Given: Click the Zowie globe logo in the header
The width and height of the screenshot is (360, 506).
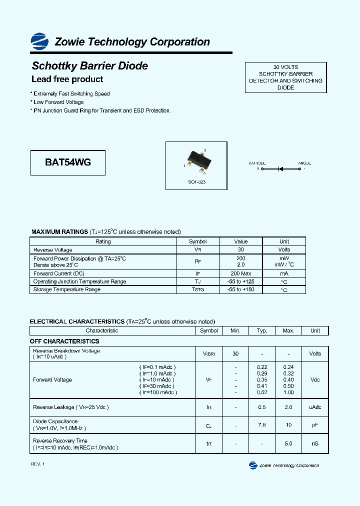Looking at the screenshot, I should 39,40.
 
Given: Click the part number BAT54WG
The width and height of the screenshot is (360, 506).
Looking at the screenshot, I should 68,162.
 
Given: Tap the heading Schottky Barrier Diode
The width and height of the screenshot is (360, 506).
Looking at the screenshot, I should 89,66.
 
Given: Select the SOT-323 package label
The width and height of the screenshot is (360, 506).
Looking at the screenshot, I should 196,182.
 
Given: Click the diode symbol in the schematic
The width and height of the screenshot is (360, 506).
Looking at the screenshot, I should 280,169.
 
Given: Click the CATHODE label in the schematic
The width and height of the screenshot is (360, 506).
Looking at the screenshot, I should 257,163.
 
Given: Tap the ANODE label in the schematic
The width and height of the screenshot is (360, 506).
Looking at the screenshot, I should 304,163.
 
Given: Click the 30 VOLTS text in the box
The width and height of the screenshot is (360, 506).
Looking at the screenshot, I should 285,67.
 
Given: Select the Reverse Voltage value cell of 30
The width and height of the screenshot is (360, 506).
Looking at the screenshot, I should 240,249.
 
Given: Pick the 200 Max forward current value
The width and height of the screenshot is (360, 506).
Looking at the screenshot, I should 240,273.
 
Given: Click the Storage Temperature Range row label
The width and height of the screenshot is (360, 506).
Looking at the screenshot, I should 66,289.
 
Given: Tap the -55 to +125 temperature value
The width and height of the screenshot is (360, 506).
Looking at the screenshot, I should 240,281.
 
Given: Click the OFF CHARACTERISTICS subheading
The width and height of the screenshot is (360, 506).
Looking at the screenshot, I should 64,341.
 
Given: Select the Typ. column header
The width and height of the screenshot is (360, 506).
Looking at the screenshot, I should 262,330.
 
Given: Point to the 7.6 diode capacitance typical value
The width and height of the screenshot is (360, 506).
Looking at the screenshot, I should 262,425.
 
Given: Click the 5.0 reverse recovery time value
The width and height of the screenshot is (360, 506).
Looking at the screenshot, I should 288,443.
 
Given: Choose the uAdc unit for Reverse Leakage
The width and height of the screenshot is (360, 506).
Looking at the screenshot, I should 315,407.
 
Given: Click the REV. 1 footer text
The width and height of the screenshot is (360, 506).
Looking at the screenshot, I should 38,464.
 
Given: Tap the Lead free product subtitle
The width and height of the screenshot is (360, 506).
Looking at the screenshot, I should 67,79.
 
